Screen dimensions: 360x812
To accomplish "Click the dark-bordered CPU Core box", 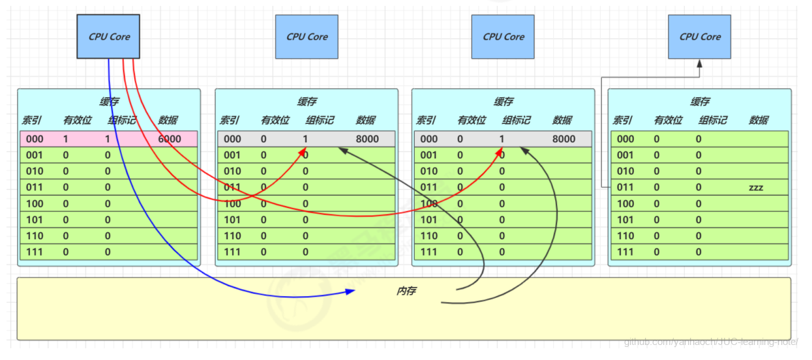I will coord(109,37).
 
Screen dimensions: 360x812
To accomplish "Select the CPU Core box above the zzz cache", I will coord(700,37).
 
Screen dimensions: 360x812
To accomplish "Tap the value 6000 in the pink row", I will coord(170,139).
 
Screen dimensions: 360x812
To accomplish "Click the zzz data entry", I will coord(756,187).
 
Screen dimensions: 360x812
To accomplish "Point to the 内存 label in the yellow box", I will coord(406,291).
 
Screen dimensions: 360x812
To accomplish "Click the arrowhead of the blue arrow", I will coord(351,292).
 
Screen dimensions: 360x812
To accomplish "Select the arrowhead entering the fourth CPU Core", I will coord(699,64).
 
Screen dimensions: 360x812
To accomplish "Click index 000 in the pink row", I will coord(35,139).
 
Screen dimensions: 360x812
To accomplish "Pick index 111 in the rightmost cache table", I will coord(625,252).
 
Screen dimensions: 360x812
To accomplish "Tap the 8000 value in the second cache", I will coord(367,139).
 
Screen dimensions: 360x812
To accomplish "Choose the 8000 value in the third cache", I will coord(564,139).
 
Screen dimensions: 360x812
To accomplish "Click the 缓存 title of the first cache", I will coord(109,102).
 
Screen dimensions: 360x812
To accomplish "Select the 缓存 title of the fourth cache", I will coord(700,102).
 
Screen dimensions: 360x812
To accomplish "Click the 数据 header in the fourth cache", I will coord(759,120).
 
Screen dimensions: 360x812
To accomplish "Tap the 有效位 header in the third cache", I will coord(472,120).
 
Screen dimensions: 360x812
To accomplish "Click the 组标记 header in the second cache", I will coord(320,120).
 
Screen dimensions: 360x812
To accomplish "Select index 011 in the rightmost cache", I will coord(625,187).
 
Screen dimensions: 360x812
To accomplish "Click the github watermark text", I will coord(710,342).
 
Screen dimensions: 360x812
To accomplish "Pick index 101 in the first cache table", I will coord(35,220).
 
